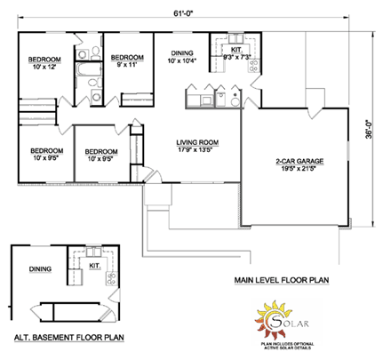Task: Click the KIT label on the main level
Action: [x=235, y=51]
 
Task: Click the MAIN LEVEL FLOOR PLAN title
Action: [x=282, y=280]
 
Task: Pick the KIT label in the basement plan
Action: [x=96, y=265]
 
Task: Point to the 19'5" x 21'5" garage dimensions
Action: [x=299, y=168]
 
